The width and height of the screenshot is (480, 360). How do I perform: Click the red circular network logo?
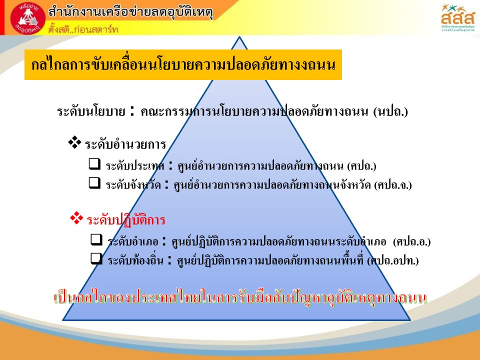(28, 18)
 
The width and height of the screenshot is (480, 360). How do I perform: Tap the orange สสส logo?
(457, 18)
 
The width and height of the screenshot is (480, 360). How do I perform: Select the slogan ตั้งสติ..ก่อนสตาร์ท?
(83, 29)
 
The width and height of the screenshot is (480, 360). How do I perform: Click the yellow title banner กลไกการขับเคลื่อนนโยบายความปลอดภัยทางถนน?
(183, 64)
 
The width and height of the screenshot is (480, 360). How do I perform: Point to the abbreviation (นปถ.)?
(390, 111)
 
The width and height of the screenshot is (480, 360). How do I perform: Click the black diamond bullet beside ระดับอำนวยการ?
(74, 142)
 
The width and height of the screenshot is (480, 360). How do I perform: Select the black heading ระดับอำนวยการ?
(125, 144)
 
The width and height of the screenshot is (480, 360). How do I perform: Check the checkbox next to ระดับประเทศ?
(94, 164)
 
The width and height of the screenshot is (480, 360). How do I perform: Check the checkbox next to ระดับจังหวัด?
(94, 183)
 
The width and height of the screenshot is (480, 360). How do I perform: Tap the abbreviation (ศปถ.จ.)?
(393, 185)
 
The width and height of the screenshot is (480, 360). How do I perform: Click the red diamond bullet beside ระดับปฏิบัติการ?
(76, 218)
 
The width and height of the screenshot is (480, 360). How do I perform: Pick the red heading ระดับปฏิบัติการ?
(126, 220)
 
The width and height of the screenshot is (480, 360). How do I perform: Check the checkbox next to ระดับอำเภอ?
(96, 239)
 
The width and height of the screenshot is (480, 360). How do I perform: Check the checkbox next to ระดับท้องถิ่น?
(96, 258)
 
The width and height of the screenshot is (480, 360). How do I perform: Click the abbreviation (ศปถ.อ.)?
(411, 241)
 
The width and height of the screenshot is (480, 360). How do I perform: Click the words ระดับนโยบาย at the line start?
(91, 111)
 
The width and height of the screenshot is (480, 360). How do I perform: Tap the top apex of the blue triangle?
(239, 36)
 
